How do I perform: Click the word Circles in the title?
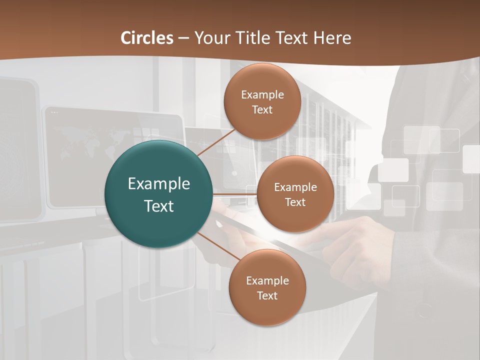[x=147, y=38]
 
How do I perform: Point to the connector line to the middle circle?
[x=235, y=194]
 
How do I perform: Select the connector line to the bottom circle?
[x=219, y=246]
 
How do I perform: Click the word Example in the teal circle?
[x=159, y=184]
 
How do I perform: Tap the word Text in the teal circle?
[x=159, y=206]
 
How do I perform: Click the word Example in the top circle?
[x=262, y=95]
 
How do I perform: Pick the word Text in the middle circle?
[x=295, y=202]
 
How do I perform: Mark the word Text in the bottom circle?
[x=267, y=296]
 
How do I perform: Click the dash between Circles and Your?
[x=183, y=38]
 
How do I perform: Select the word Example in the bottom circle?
[x=267, y=281]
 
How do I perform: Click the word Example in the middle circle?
[x=295, y=187]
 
